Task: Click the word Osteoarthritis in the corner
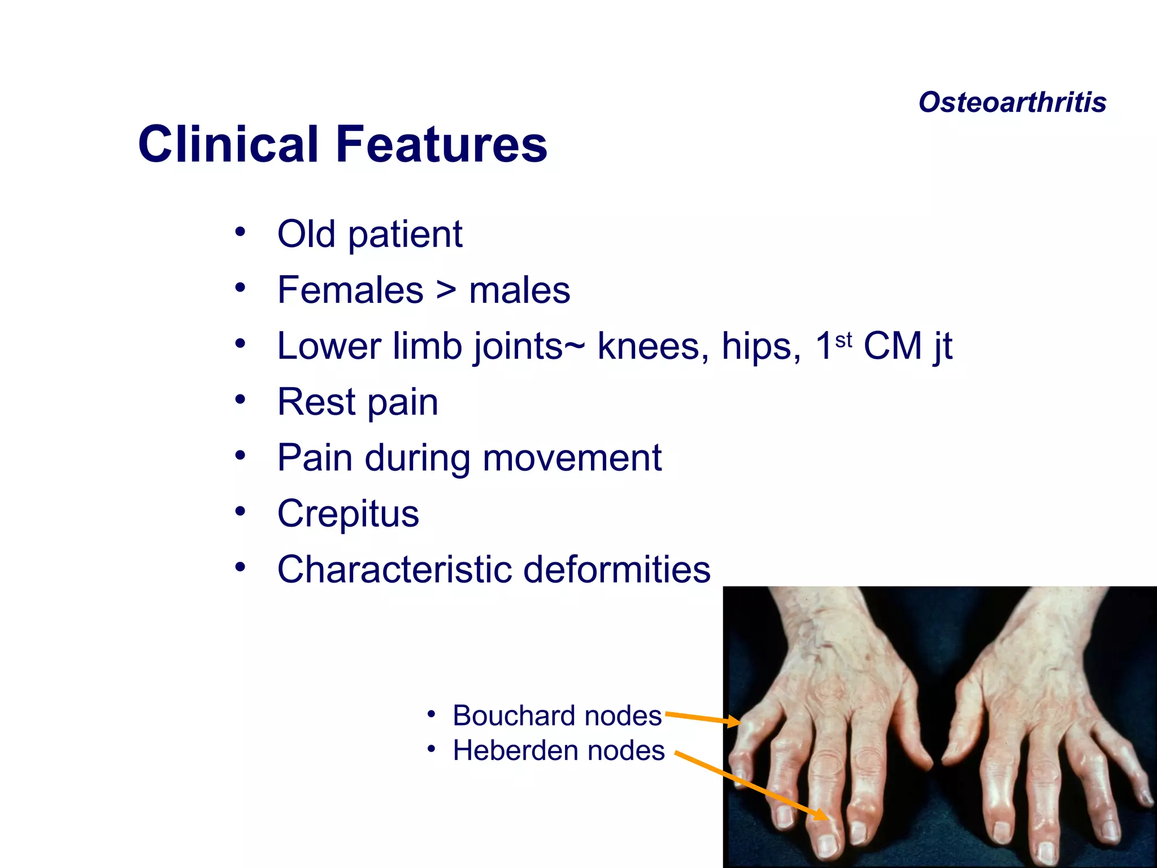click(x=1012, y=102)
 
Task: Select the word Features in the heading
click(x=441, y=144)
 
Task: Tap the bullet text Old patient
click(x=369, y=234)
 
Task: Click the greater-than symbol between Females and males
click(x=446, y=290)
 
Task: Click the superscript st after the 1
click(x=843, y=340)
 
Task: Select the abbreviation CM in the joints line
click(x=892, y=346)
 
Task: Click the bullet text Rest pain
click(x=358, y=402)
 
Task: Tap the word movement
click(x=572, y=458)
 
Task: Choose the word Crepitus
click(x=348, y=514)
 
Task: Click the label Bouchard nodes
click(x=557, y=715)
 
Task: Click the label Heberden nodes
click(x=559, y=750)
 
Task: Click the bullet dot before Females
click(x=241, y=288)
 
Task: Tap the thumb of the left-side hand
click(x=918, y=735)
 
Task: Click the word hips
click(x=760, y=346)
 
